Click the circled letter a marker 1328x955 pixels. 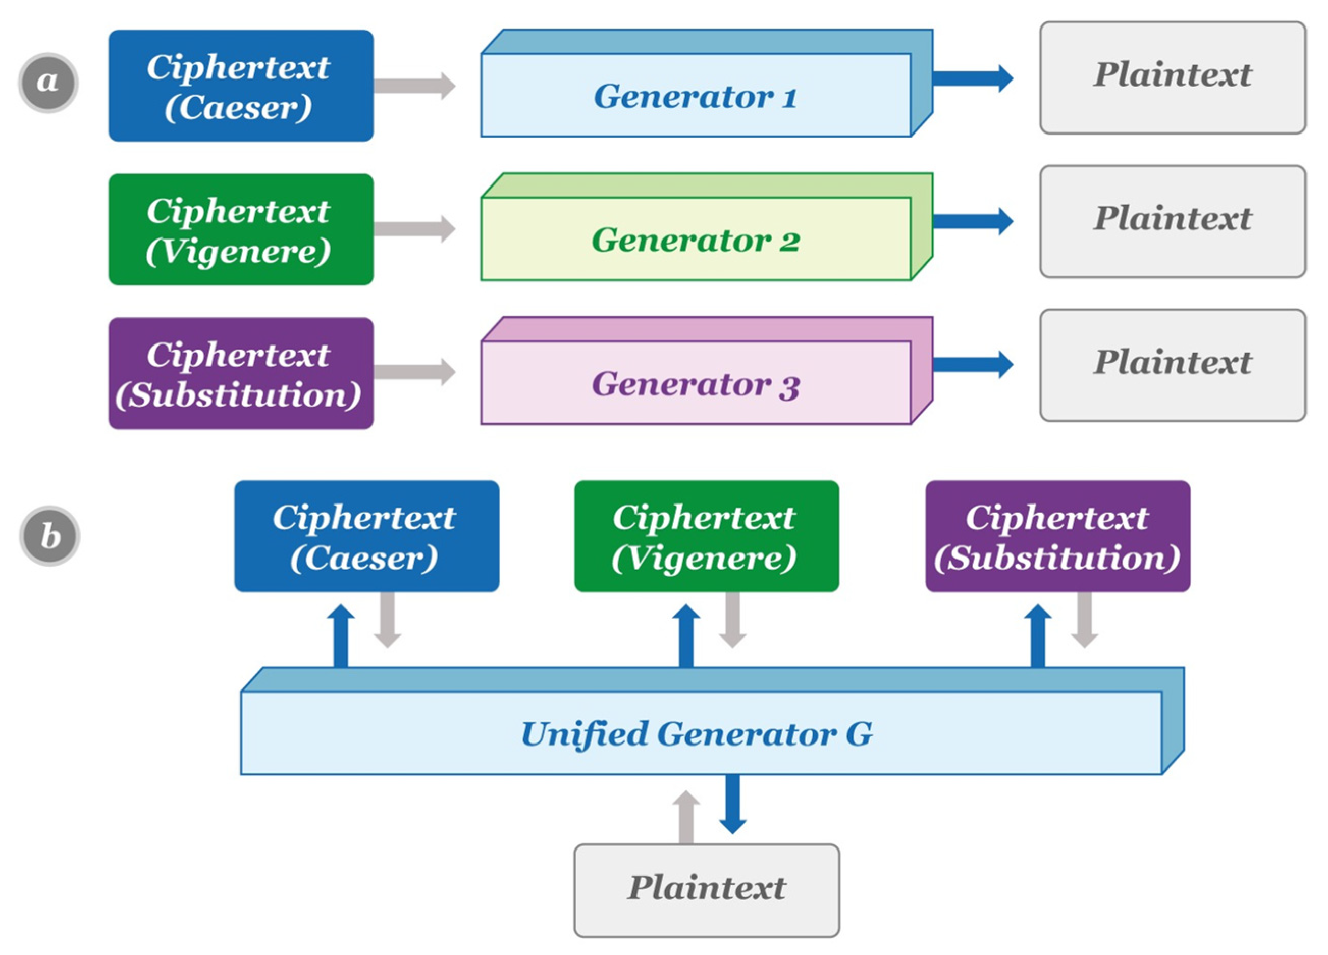48,83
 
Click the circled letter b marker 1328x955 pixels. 50,536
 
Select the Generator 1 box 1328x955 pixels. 695,95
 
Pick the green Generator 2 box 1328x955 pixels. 695,240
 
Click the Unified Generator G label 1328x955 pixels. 697,733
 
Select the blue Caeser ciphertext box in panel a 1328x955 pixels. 241,86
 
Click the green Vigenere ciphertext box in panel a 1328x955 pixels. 241,229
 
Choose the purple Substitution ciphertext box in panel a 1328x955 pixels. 241,374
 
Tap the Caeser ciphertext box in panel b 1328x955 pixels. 366,536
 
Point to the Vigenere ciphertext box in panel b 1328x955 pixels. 706,536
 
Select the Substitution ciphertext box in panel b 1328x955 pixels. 1057,536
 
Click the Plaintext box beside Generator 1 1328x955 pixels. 1172,78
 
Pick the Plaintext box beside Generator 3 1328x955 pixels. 1172,365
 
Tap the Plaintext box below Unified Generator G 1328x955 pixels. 706,890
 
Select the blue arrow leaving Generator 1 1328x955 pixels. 972,78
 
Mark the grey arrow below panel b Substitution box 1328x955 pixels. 1084,620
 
